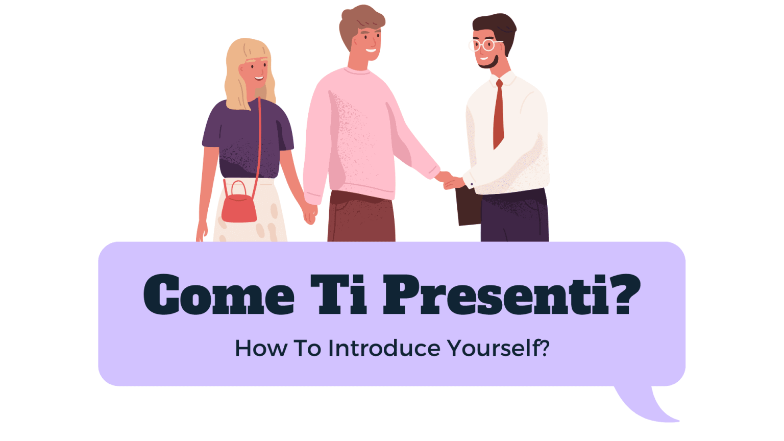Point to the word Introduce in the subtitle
[384, 349]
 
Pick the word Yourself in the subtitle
[493, 349]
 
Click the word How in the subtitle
[260, 349]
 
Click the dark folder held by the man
[469, 206]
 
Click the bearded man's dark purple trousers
[514, 217]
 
